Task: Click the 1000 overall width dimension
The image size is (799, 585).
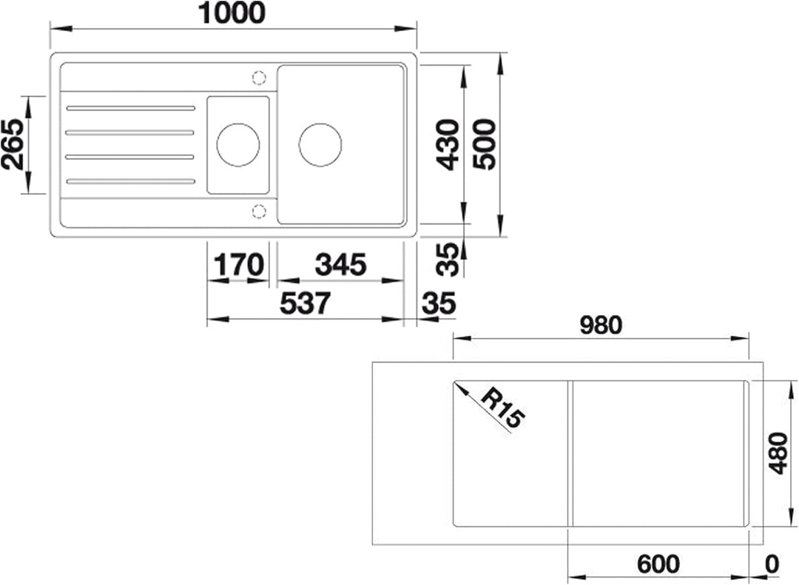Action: [x=232, y=13]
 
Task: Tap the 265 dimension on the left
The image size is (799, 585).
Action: [x=13, y=144]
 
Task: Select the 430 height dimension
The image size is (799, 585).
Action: [x=448, y=144]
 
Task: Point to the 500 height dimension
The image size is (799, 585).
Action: [x=484, y=144]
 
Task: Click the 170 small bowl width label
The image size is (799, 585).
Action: [x=238, y=265]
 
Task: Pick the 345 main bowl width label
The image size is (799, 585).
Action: [x=340, y=265]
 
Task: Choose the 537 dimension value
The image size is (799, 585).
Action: [x=306, y=304]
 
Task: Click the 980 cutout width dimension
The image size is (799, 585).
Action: [x=601, y=325]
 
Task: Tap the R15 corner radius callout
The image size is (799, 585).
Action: [x=502, y=407]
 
